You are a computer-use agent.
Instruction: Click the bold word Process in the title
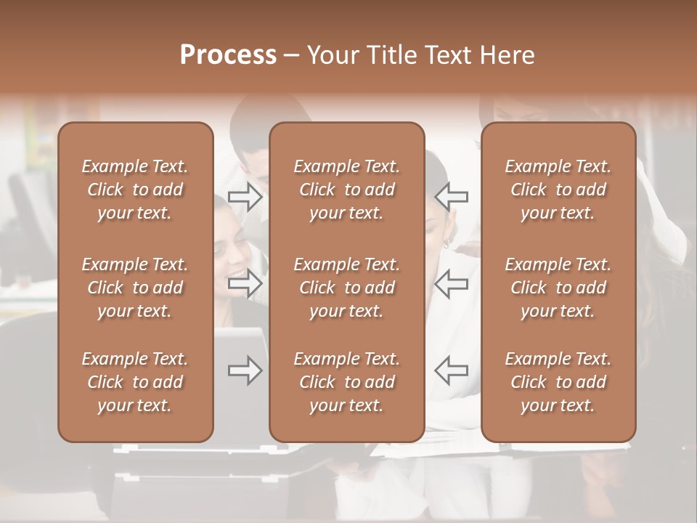coord(228,55)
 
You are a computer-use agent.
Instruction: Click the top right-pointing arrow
coord(245,197)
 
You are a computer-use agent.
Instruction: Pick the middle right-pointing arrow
coord(245,283)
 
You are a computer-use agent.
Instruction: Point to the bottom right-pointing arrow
coord(245,370)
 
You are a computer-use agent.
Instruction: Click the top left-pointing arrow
coord(451,197)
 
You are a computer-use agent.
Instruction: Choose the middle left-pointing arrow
coord(451,283)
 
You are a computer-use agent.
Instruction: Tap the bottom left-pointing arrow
coord(451,370)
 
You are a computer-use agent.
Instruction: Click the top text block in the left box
coord(135,190)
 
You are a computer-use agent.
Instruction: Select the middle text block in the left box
coord(135,288)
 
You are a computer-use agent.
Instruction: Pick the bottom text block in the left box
coord(135,382)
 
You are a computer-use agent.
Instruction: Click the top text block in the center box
coord(347,190)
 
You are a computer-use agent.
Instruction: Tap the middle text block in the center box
coord(347,288)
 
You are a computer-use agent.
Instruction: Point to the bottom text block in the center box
coord(347,382)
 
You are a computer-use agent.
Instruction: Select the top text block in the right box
coord(558,190)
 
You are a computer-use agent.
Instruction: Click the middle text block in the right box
coord(558,288)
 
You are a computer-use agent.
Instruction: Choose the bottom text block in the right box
coord(558,382)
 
